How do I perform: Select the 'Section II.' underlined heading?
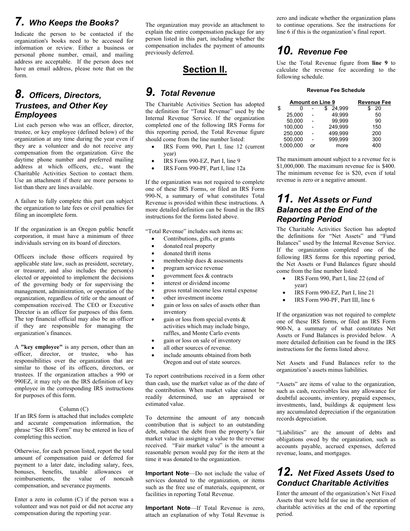point(205,70)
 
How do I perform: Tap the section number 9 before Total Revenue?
point(150,92)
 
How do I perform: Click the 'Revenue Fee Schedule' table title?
point(335,90)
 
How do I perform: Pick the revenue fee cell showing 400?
point(376,146)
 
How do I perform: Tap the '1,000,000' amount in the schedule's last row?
point(291,146)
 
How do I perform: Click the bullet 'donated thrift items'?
point(187,253)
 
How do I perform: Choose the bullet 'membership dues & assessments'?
point(203,261)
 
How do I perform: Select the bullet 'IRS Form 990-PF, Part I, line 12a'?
point(204,168)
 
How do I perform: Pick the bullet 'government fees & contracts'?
point(198,276)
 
